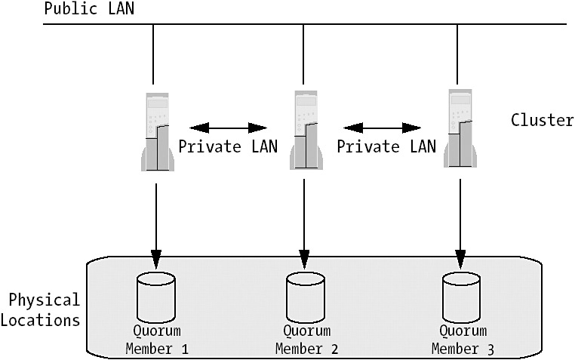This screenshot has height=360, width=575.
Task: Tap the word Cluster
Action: [x=542, y=120]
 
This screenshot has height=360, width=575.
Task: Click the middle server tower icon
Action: [x=306, y=130]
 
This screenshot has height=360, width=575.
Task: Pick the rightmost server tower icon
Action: [x=460, y=128]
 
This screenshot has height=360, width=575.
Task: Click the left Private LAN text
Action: [x=227, y=146]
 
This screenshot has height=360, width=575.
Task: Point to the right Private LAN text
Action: [x=386, y=146]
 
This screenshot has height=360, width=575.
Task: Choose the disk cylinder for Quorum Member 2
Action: [x=306, y=294]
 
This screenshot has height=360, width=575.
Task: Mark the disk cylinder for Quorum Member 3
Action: [x=462, y=294]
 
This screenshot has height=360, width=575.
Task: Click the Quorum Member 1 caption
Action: [x=156, y=340]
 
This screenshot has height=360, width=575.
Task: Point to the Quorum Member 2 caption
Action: [x=306, y=340]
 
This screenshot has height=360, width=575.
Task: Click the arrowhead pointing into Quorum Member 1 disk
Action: [x=156, y=261]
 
